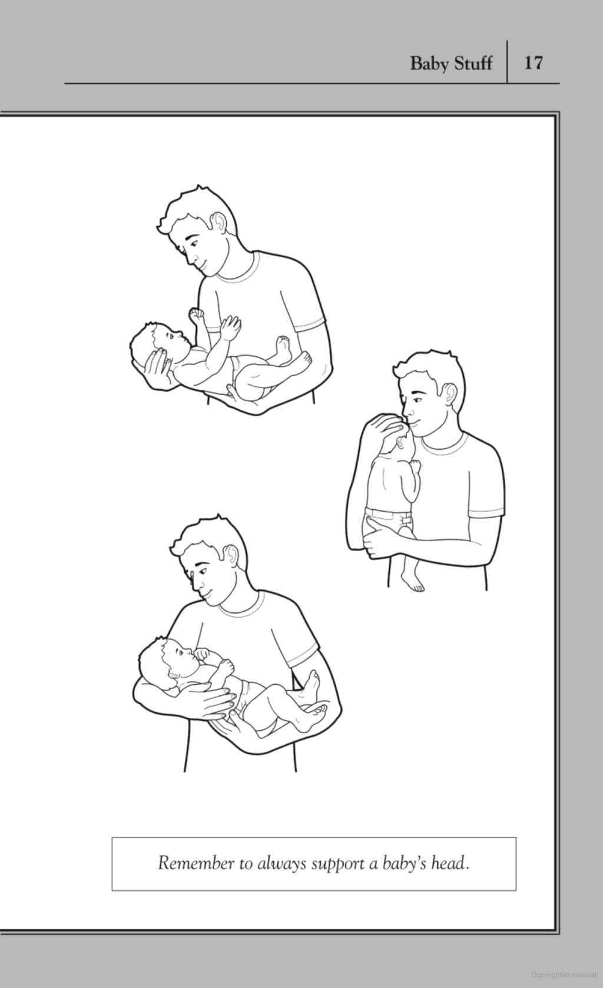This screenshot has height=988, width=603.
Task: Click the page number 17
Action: pos(533,62)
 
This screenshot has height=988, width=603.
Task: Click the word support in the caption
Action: pos(337,864)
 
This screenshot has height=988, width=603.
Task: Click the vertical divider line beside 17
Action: pos(507,61)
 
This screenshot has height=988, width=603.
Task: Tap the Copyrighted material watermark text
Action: pos(563,974)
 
